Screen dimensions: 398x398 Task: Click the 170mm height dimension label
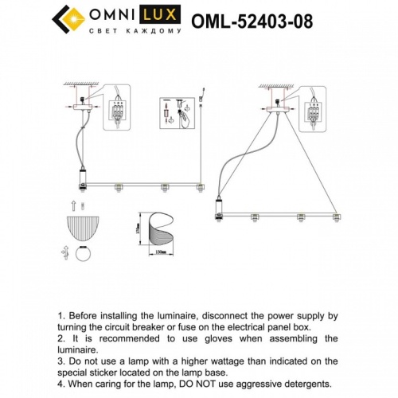tap(136, 229)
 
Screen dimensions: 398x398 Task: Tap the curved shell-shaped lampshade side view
tap(156, 228)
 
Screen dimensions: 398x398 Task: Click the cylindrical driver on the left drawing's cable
tap(82, 178)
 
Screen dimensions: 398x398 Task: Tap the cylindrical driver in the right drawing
tap(219, 209)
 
